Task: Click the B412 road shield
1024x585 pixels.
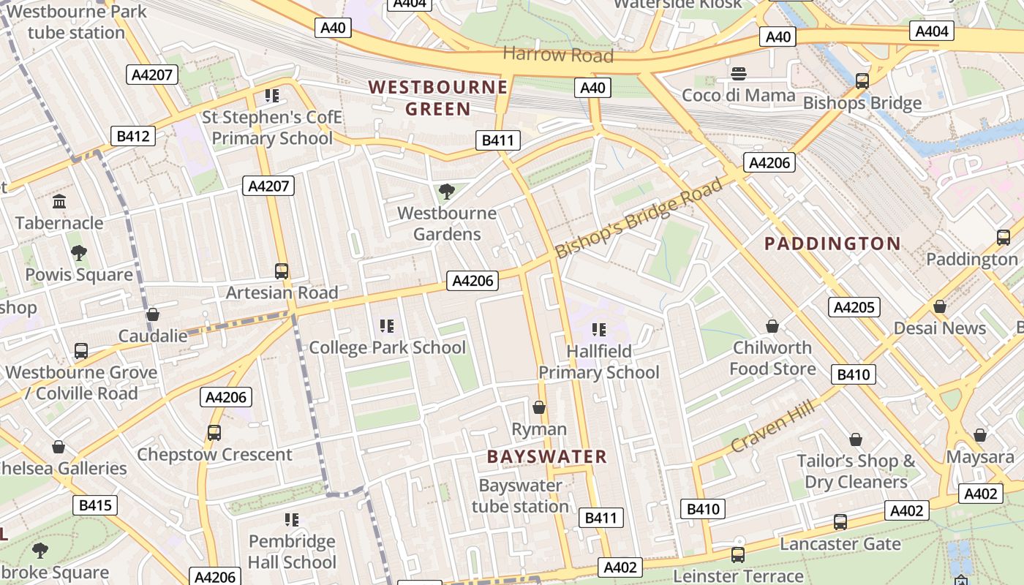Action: [133, 135]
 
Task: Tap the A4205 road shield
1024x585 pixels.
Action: [854, 306]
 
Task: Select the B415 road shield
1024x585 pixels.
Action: [95, 505]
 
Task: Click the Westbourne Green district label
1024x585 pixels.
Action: [438, 98]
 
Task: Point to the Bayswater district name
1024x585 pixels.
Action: [547, 457]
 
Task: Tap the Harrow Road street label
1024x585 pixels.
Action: [558, 55]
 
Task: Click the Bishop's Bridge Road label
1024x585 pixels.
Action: [639, 217]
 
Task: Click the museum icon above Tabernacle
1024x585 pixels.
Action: [59, 201]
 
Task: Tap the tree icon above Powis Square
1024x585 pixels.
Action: [79, 253]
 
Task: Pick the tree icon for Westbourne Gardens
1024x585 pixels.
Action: [446, 192]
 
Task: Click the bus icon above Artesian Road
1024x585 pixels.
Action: [282, 271]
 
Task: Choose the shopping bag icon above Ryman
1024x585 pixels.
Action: [539, 407]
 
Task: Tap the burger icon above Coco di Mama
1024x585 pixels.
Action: [739, 74]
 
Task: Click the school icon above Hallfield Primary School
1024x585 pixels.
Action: [599, 330]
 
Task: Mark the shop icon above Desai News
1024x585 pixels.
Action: [940, 306]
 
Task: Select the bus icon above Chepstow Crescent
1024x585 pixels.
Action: [214, 433]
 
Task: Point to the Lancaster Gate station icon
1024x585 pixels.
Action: [840, 522]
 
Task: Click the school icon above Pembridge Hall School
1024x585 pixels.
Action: [291, 520]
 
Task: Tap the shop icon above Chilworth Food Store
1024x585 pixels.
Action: [772, 326]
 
